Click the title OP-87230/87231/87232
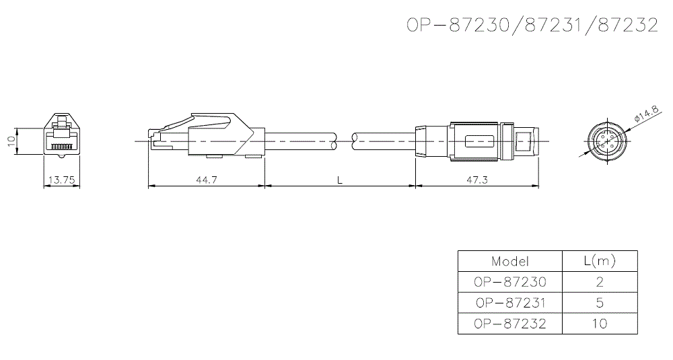pos(532,26)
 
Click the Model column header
pos(509,261)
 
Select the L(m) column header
pos(600,261)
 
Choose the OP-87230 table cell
pos(509,282)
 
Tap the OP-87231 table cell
pos(509,303)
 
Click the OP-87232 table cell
pos(509,324)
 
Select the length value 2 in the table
pos(600,282)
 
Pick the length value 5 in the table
pos(600,303)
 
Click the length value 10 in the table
pos(600,324)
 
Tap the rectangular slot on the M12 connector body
pos(479,141)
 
